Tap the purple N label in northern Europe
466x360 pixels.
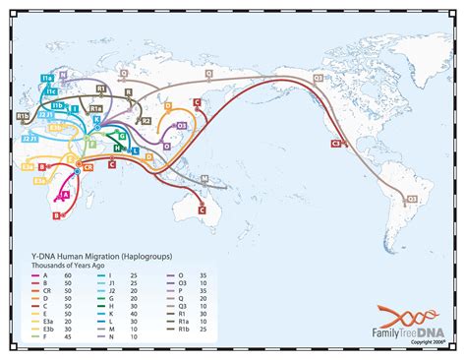(x=63, y=74)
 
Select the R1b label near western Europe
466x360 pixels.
(x=22, y=116)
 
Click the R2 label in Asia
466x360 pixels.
(x=146, y=120)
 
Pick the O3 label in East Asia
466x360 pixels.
(x=181, y=126)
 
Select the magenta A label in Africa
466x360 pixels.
(x=65, y=196)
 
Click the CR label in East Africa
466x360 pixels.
(x=89, y=168)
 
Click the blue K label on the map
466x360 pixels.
(x=96, y=120)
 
